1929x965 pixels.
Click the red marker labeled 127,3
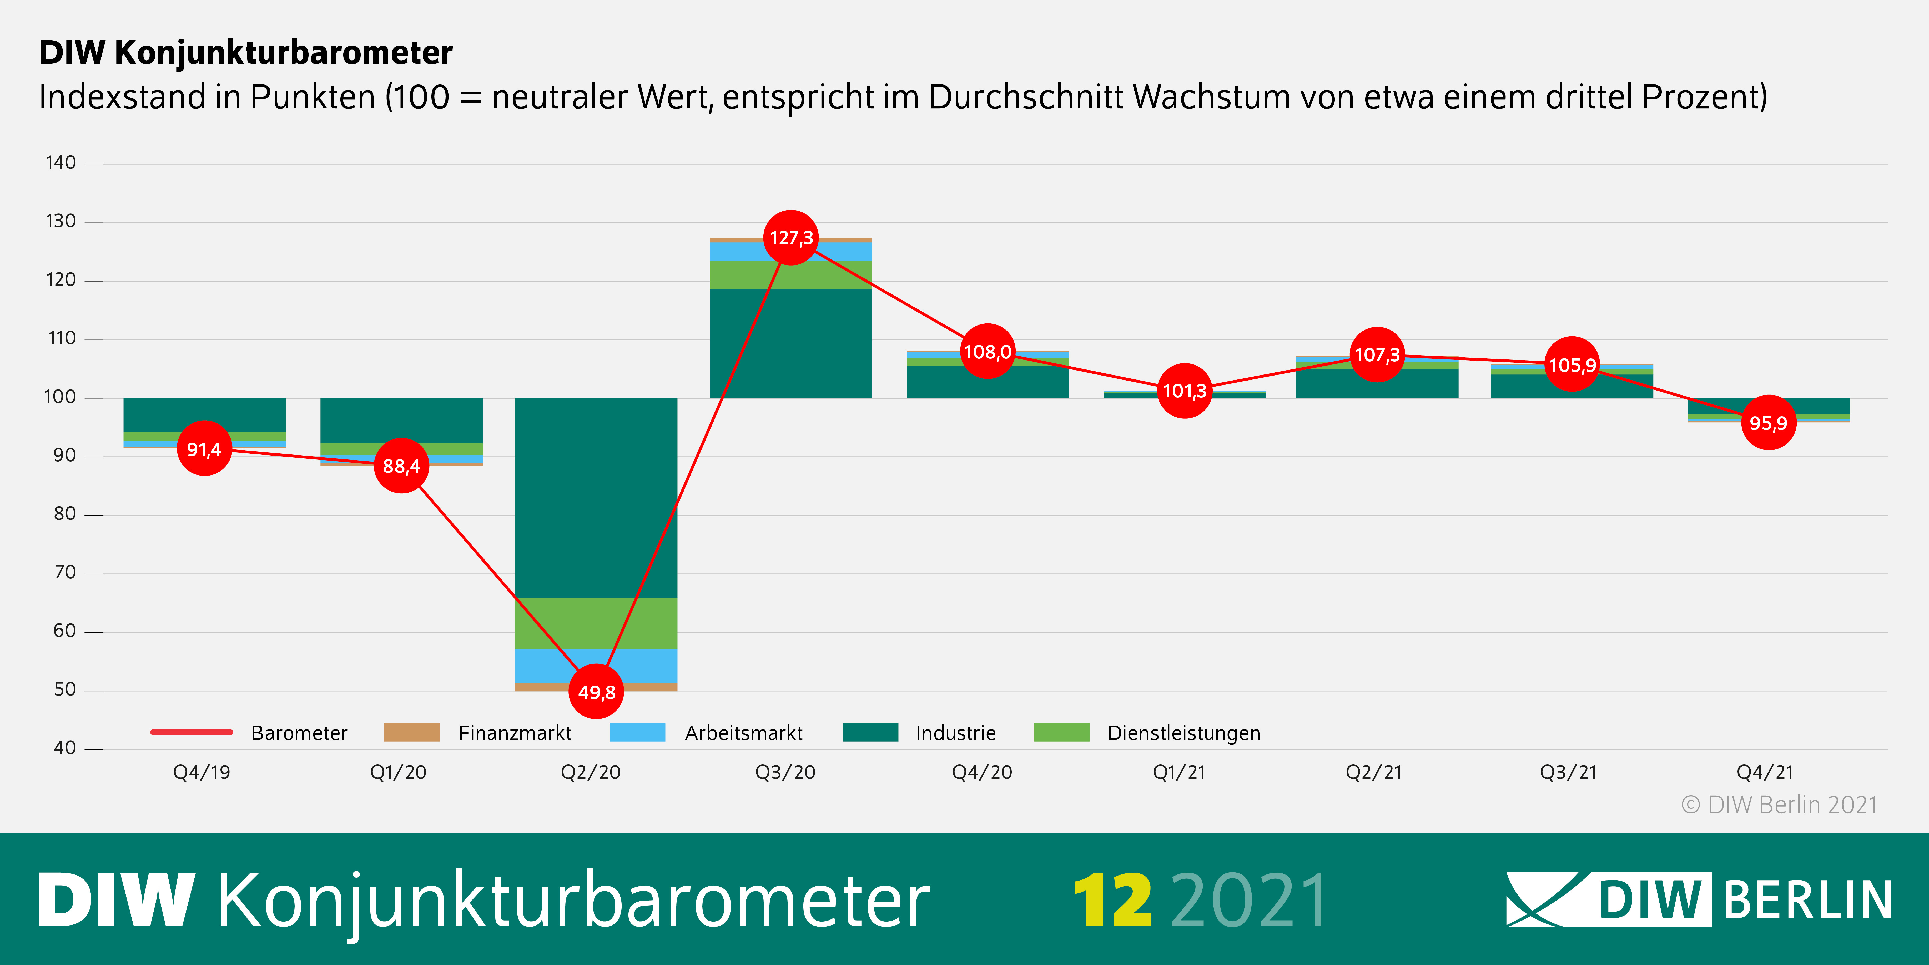click(x=791, y=238)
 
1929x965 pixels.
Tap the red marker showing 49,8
click(x=596, y=692)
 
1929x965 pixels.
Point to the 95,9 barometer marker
click(x=1768, y=423)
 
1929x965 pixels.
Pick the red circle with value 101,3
click(x=1184, y=390)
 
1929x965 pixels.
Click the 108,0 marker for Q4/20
click(x=987, y=351)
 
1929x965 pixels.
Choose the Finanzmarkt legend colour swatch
click(x=411, y=732)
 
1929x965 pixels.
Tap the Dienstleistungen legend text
click(x=1183, y=733)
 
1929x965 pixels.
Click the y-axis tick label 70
click(x=64, y=572)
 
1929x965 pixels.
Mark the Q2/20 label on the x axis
click(x=591, y=772)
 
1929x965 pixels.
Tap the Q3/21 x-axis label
click(x=1568, y=772)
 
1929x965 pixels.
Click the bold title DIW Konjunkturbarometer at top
click(x=246, y=52)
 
